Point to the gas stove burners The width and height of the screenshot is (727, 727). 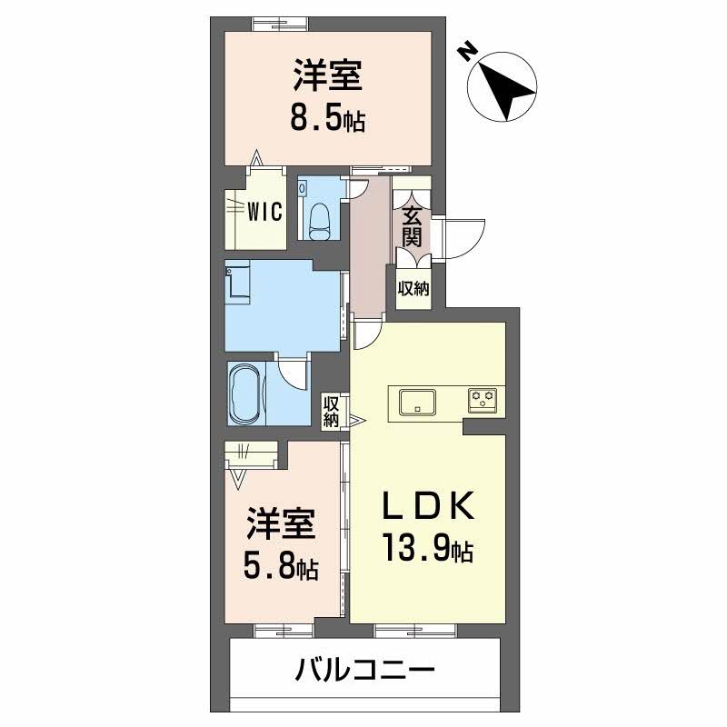coord(482,398)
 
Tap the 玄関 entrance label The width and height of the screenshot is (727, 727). coord(412,226)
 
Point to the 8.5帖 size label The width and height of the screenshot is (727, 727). coord(327,118)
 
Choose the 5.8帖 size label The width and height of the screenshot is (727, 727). coord(280,567)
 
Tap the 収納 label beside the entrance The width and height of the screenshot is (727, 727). coord(413,289)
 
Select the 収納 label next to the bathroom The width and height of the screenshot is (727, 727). coord(332,411)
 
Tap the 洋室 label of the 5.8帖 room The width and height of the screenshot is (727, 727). coord(281,526)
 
